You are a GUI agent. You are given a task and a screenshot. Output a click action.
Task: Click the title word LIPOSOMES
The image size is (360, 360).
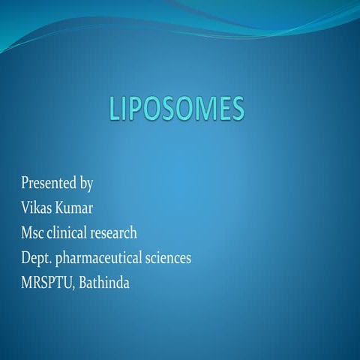click(x=177, y=109)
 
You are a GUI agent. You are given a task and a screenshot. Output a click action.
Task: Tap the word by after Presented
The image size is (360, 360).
click(x=86, y=183)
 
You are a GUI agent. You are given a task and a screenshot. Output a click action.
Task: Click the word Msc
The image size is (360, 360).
click(x=34, y=232)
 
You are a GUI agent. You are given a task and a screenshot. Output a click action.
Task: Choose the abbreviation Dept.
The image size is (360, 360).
click(x=37, y=258)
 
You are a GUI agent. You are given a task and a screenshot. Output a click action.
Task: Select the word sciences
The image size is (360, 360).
click(x=169, y=258)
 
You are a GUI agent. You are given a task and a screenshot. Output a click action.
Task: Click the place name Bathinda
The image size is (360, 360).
click(x=103, y=283)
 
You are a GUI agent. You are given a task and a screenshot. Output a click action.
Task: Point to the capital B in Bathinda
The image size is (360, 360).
click(x=81, y=283)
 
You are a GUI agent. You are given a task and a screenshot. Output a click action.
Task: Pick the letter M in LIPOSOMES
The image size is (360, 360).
click(x=199, y=109)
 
